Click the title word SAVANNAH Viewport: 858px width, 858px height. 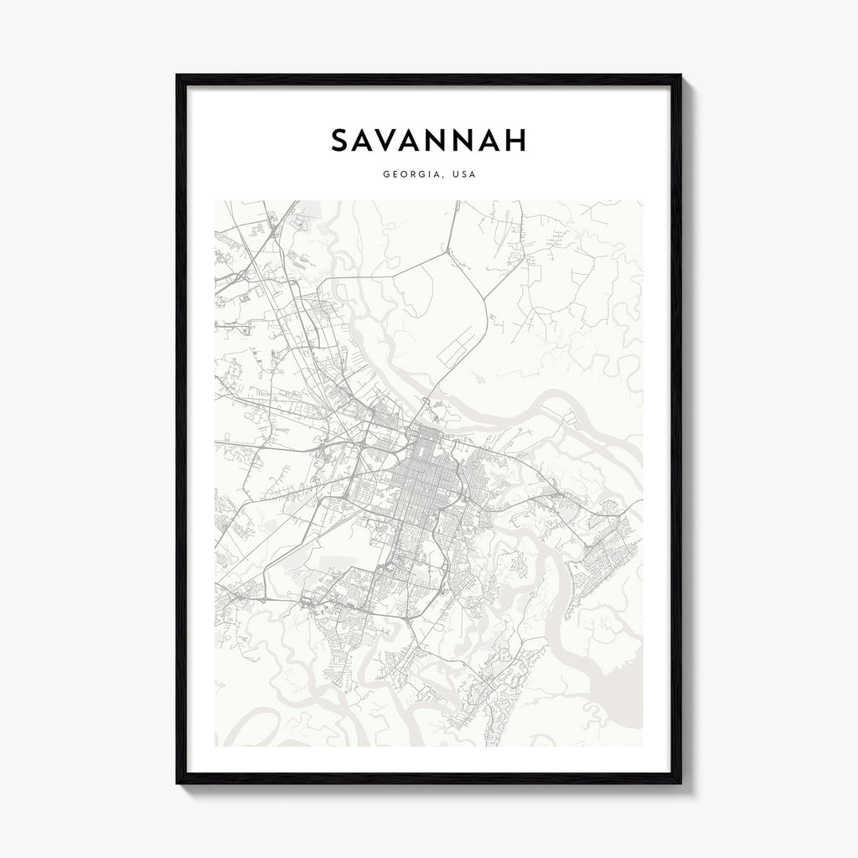[x=429, y=140]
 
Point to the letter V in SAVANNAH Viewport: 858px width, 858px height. [x=395, y=140]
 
